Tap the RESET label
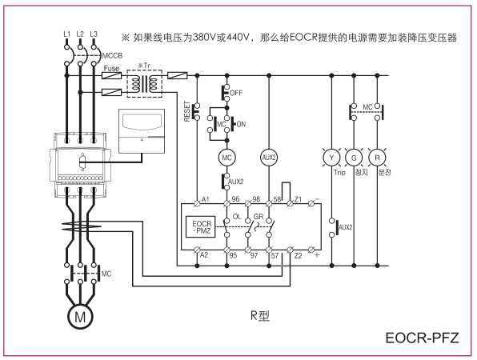(187, 111)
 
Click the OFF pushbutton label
(236, 93)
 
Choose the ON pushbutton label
(241, 124)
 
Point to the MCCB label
(112, 56)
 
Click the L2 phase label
(80, 34)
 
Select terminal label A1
(206, 199)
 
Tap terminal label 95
(233, 255)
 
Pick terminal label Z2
(298, 255)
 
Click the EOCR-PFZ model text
(422, 338)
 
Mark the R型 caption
(260, 316)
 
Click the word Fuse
(111, 68)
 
